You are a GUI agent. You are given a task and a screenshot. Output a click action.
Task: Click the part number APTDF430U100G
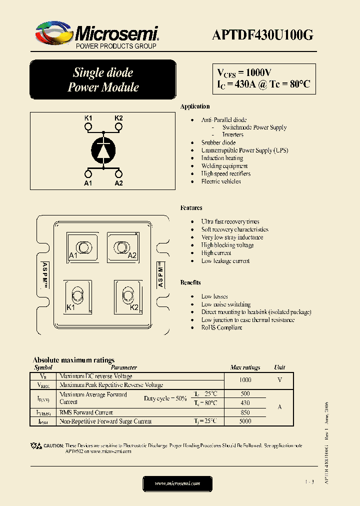262,34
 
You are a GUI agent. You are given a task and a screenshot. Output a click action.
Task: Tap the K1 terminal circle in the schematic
88,127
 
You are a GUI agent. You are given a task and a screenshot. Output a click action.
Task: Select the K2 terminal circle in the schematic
118,127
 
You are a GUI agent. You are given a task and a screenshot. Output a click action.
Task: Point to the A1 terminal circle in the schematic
88,173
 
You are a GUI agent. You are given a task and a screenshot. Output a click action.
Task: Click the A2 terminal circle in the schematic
118,173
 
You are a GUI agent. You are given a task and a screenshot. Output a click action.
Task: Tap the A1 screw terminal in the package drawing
81,247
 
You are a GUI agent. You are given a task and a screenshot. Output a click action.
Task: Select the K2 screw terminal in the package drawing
127,294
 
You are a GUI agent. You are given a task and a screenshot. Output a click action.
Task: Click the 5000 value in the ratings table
245,421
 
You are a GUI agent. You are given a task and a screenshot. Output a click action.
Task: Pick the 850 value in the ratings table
245,412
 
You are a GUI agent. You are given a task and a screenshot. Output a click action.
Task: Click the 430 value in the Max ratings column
245,402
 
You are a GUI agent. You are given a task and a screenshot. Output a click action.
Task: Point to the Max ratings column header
245,367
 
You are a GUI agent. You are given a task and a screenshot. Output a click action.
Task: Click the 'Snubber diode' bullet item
218,142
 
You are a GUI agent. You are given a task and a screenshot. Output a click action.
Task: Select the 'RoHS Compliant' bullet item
221,327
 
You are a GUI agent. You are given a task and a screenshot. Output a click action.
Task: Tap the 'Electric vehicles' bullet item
221,181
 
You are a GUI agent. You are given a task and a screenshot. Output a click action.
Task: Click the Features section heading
191,208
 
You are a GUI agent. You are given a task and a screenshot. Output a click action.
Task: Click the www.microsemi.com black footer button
177,483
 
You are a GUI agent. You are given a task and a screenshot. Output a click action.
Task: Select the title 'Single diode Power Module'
103,80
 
